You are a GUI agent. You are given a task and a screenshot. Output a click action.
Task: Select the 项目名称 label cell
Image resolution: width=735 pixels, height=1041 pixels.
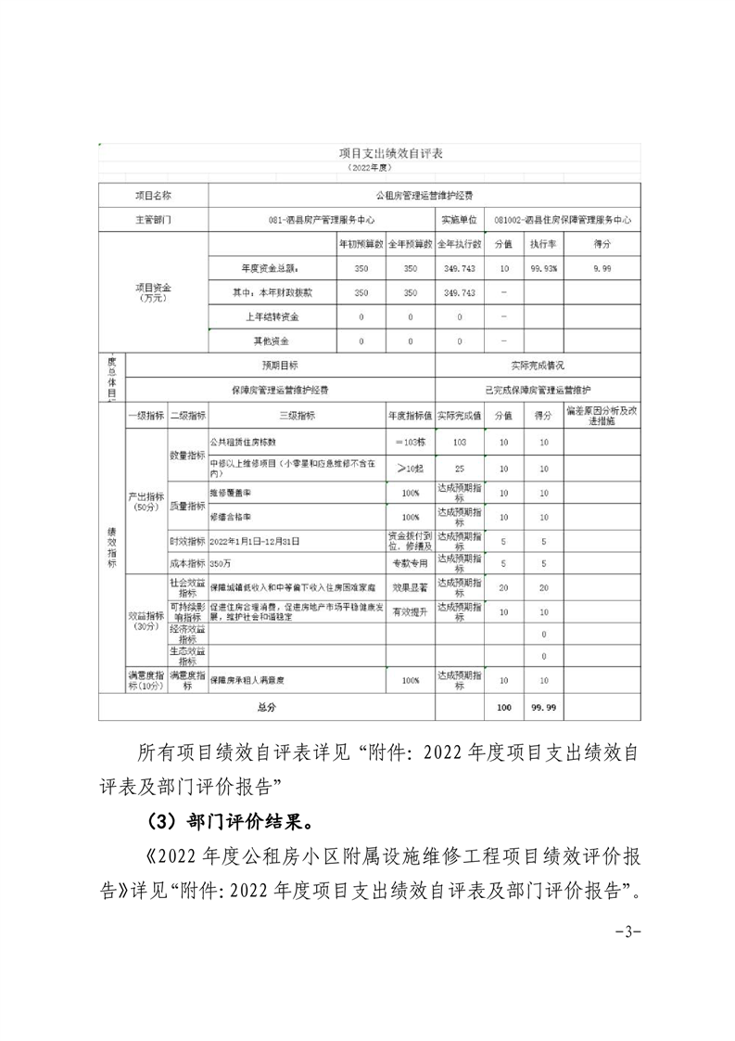tap(154, 196)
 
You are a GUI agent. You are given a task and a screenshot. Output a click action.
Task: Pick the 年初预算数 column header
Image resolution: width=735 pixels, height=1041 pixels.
tap(361, 244)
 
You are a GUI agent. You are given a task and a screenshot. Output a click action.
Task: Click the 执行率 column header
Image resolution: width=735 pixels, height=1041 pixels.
tap(542, 244)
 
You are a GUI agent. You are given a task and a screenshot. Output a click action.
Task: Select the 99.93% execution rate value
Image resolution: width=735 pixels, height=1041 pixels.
tap(542, 268)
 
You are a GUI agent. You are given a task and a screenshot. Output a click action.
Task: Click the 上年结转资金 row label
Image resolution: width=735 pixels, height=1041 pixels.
tap(272, 316)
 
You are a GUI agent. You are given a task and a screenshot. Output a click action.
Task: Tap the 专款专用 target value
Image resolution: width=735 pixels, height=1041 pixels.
tap(410, 562)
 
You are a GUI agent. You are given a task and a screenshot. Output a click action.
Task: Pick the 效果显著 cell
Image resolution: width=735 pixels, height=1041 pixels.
tap(410, 587)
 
